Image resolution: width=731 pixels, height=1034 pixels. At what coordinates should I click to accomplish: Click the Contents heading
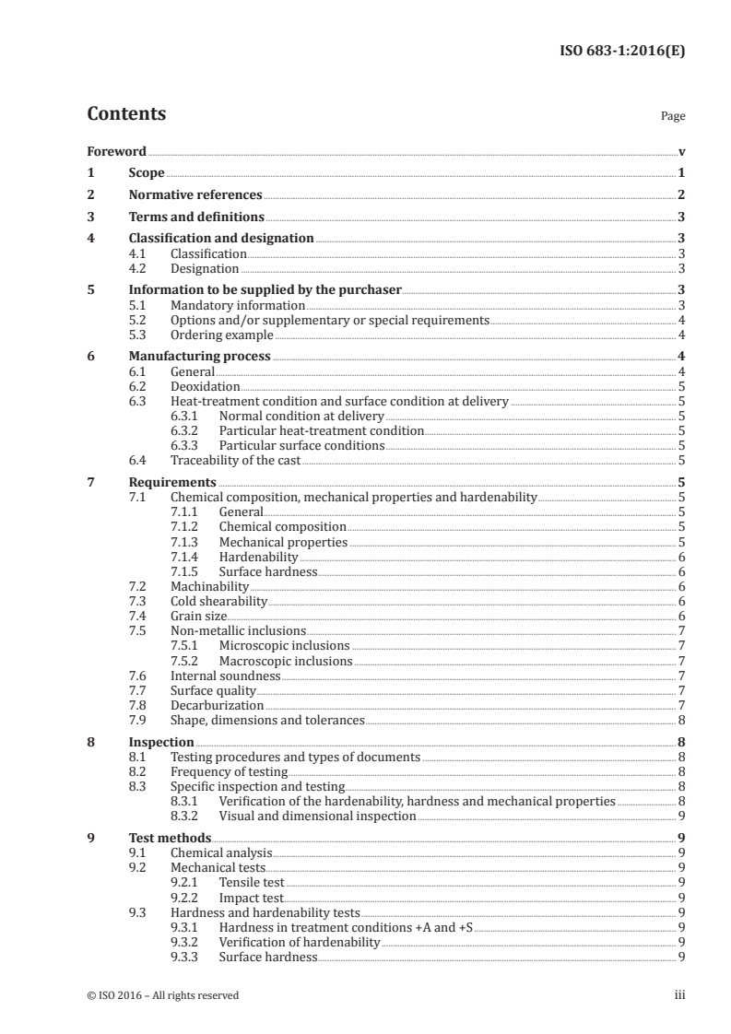point(126,114)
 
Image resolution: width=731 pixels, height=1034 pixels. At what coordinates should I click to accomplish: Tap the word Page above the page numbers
point(673,117)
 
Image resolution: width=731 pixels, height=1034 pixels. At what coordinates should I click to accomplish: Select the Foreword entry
point(116,151)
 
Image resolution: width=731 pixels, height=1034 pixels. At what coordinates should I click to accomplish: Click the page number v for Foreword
point(680,151)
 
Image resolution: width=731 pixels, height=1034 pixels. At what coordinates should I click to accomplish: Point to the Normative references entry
point(195,195)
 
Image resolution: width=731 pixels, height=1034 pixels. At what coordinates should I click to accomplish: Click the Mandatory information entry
point(238,305)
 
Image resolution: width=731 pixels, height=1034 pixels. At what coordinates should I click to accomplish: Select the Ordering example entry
point(221,335)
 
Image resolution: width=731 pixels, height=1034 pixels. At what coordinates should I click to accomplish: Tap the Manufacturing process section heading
point(199,357)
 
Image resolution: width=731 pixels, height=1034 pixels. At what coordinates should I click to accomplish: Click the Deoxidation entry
point(205,387)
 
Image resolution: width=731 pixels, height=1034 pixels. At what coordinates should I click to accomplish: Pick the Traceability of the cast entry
point(235,461)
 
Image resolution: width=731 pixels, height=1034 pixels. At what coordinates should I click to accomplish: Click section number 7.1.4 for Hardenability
point(187,558)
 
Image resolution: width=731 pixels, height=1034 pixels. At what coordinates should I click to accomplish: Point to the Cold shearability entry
point(218,602)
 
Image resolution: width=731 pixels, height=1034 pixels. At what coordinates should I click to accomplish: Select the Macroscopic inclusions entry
point(286,661)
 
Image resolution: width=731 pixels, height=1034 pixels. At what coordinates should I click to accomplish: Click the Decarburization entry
point(217,705)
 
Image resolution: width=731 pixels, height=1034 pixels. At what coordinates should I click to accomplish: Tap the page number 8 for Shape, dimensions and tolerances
point(680,720)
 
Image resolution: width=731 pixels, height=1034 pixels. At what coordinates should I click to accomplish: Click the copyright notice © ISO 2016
point(162,995)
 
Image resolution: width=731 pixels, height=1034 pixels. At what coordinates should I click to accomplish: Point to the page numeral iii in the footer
point(679,995)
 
